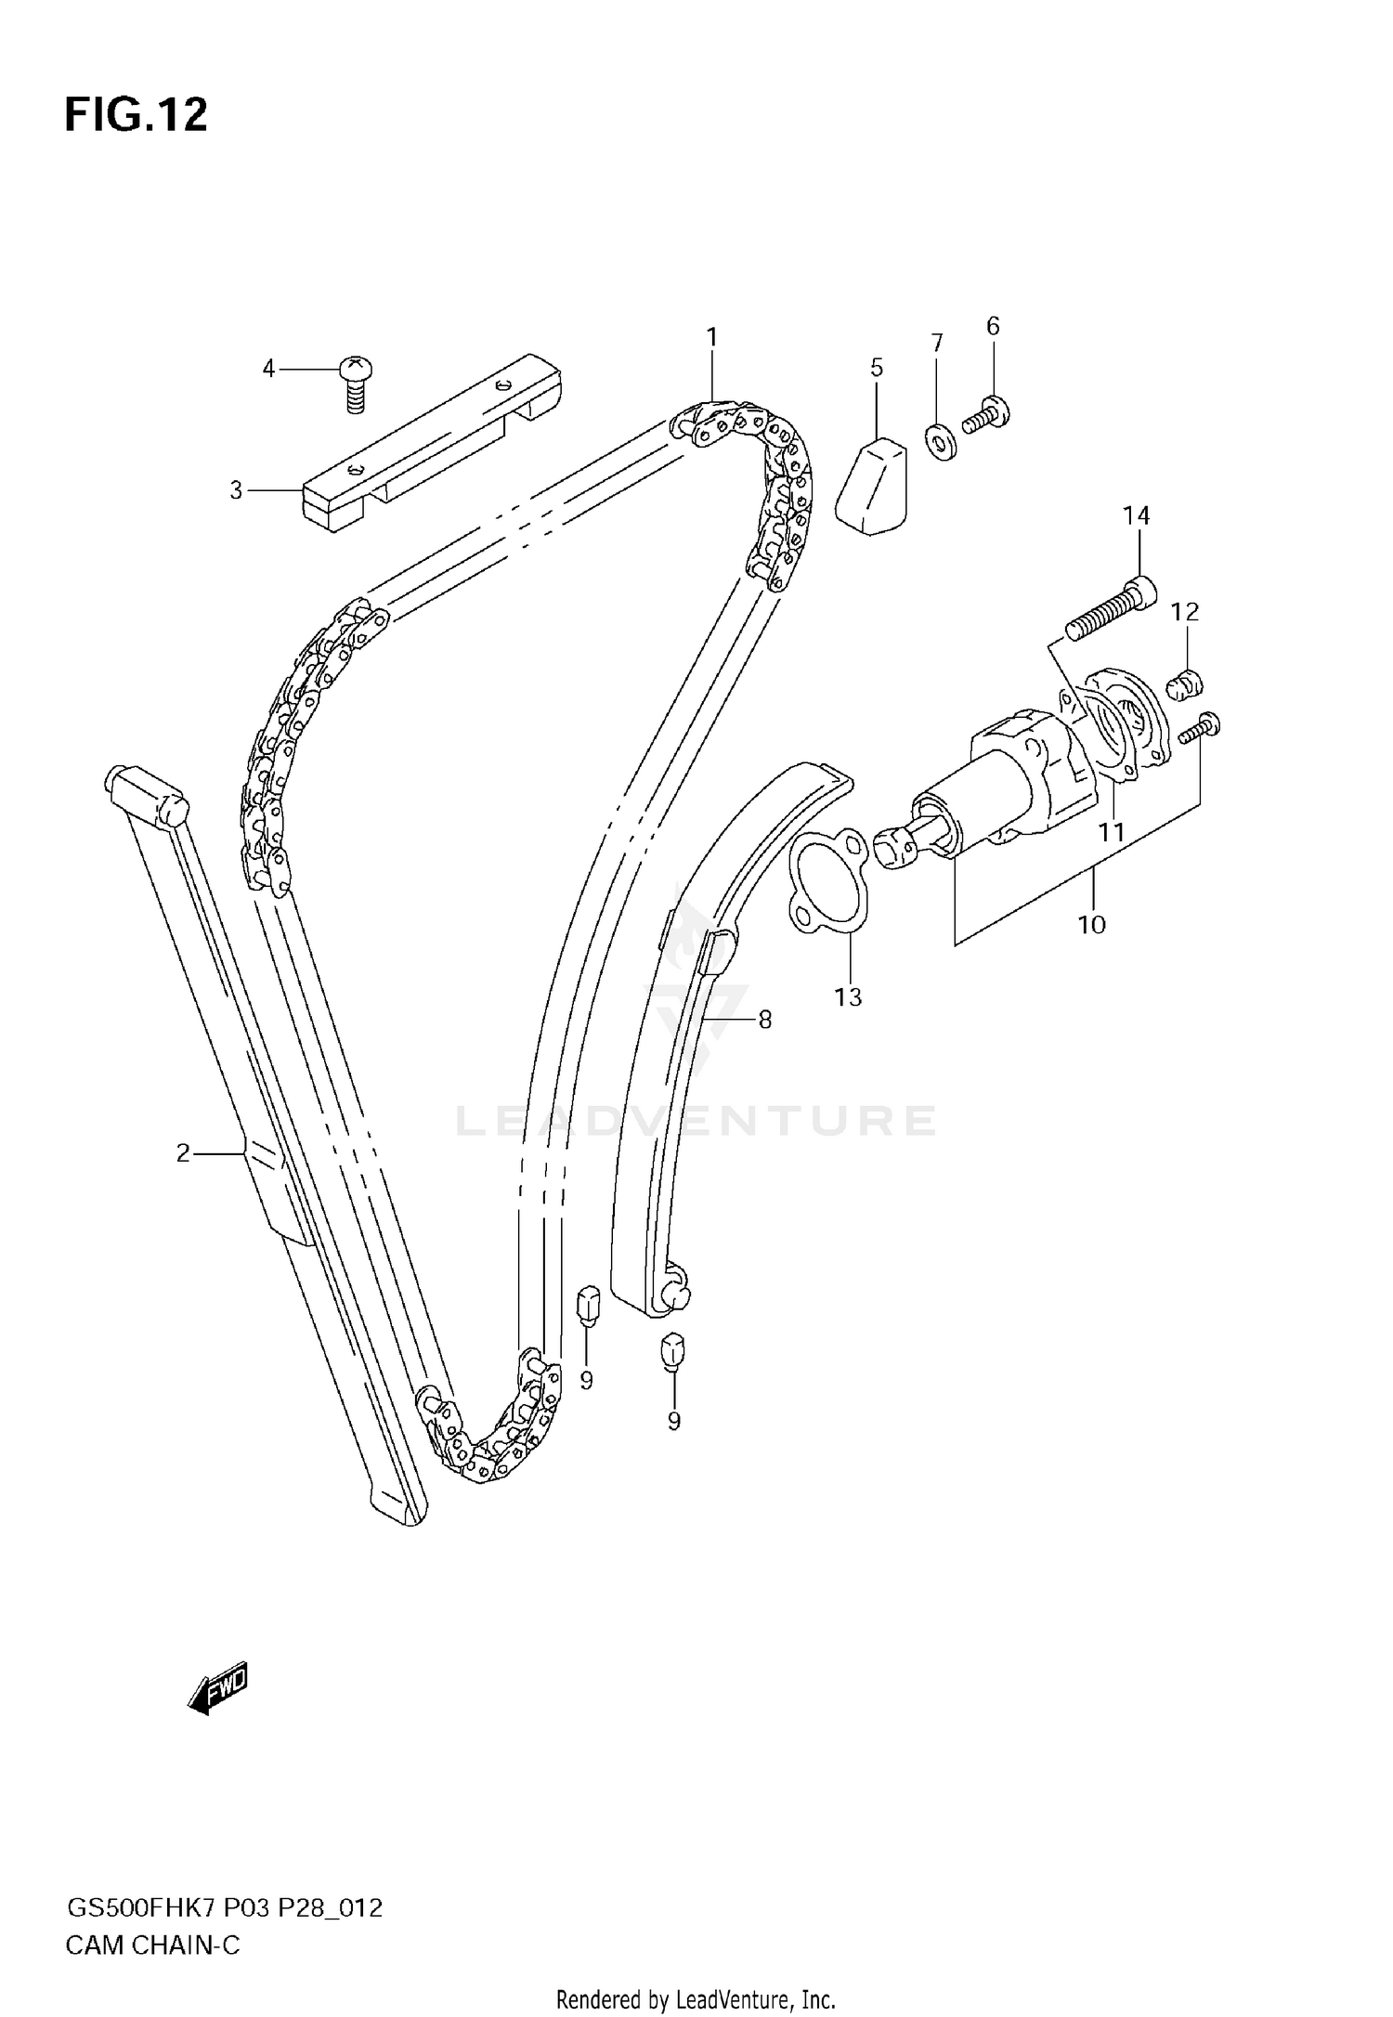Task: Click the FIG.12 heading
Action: (136, 116)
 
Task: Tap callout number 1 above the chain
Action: (711, 337)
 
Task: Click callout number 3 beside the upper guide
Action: (236, 489)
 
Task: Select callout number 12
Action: (1185, 612)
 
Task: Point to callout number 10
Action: (1091, 924)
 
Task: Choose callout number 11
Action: (1112, 832)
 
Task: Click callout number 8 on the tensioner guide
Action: (764, 1020)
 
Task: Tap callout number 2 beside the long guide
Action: (183, 1153)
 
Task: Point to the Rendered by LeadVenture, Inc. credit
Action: (696, 1998)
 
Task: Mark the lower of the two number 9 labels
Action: (673, 1421)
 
